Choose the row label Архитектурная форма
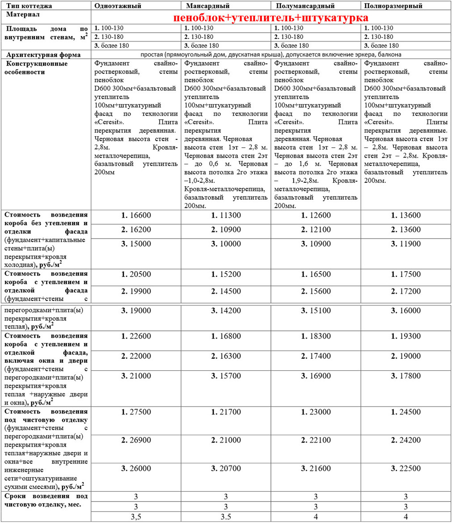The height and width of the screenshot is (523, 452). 43,54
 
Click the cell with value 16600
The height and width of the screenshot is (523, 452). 136,216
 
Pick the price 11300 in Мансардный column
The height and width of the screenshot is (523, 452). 226,216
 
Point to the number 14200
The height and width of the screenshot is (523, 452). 226,310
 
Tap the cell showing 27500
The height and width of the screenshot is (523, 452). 136,412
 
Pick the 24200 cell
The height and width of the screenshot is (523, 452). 406,441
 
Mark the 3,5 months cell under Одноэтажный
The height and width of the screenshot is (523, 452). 136,517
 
